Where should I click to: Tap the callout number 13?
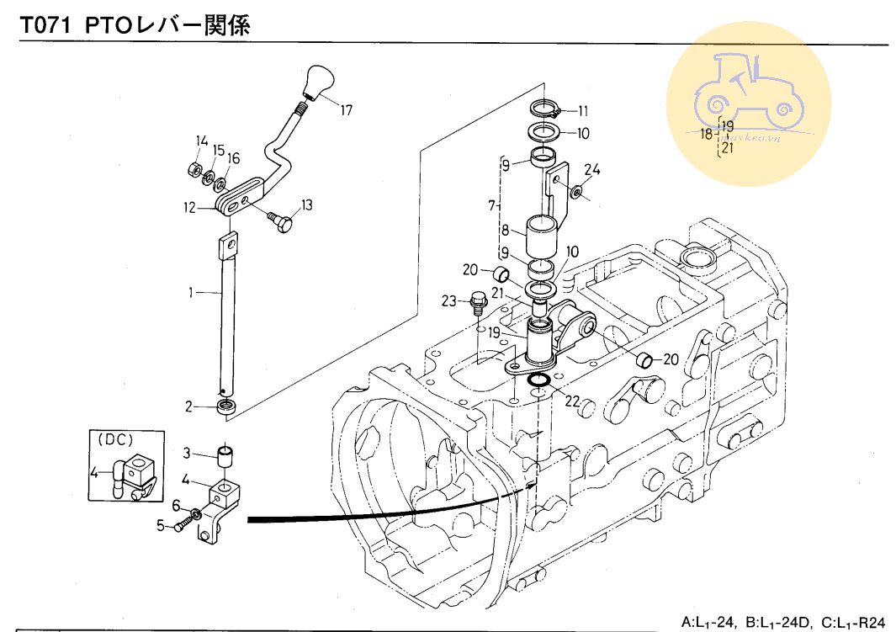[x=307, y=204]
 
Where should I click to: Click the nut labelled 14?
[x=192, y=170]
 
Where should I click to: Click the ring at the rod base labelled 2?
[x=225, y=407]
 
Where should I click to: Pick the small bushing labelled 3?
[x=225, y=455]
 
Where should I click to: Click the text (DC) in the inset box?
[x=116, y=439]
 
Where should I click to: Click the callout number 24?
[x=592, y=169]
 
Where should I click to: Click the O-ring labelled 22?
[x=538, y=385]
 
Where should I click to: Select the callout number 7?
[x=491, y=205]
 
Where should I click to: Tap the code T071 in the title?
[x=48, y=27]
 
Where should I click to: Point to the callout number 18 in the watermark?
[x=708, y=135]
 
